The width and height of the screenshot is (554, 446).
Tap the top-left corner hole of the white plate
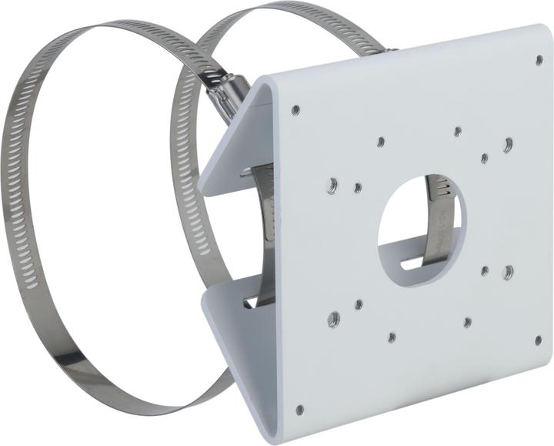click(x=295, y=110)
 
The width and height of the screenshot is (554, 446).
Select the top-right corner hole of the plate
click(x=539, y=59)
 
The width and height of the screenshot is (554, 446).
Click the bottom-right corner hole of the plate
click(x=537, y=340)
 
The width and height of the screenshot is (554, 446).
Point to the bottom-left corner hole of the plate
click(x=299, y=409)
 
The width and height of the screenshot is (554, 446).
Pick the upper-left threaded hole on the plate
click(x=332, y=184)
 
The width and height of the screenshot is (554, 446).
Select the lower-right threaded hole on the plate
click(x=508, y=271)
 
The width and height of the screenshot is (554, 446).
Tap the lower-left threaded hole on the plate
click(x=333, y=317)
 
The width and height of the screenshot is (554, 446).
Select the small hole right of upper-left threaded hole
click(x=358, y=187)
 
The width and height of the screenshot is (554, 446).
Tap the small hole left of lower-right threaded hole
click(x=485, y=270)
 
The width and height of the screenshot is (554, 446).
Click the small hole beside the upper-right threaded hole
click(x=484, y=158)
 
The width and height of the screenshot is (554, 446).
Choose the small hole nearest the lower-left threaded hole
click(x=359, y=304)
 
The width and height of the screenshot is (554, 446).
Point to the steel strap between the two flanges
click(x=266, y=231)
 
